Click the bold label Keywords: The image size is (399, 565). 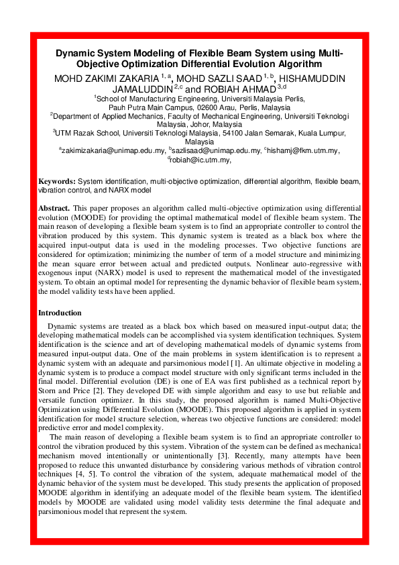click(x=57, y=181)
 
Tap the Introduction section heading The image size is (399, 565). click(x=60, y=313)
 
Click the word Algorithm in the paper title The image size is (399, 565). click(x=286, y=64)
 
